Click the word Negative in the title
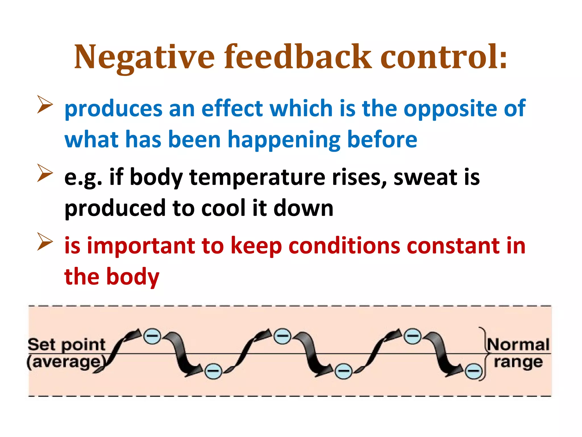tap(144, 57)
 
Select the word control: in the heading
tap(444, 57)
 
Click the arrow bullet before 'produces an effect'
tap(45, 104)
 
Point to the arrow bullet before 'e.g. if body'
tap(45, 173)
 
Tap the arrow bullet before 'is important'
tap(45, 242)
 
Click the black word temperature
tap(257, 178)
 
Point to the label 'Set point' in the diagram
tap(66, 345)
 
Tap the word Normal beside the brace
tap(518, 345)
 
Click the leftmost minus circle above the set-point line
tap(152, 337)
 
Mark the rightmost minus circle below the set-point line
tap(473, 371)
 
